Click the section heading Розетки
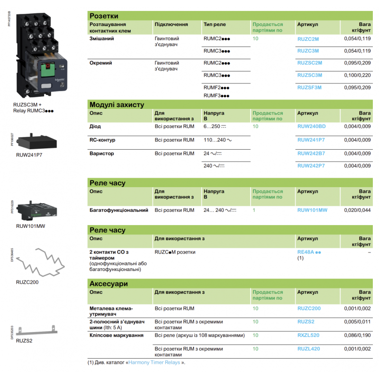[x=104, y=16]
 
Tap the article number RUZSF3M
[x=309, y=87]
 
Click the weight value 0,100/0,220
[x=357, y=75]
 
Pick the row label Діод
[x=95, y=126]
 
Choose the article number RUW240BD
[x=311, y=126]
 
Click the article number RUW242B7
[x=311, y=153]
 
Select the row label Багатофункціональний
[x=118, y=209]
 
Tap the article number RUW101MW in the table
[x=312, y=209]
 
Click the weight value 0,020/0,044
[x=357, y=209]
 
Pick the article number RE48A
[x=306, y=253]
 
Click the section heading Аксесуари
[x=108, y=284]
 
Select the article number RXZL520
[x=308, y=335]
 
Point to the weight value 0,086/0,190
[x=357, y=335]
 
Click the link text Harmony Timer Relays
[x=155, y=363]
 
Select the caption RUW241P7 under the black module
[x=30, y=154]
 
